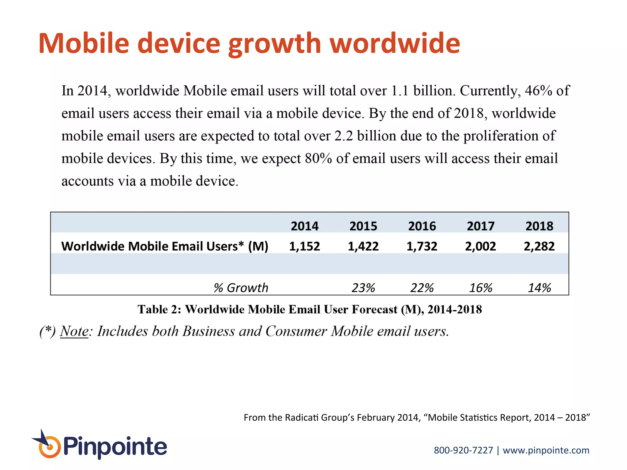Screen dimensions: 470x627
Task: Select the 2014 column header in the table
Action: pos(304,226)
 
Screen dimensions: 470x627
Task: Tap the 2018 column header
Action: pos(539,226)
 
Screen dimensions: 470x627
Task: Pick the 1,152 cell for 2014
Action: pos(304,246)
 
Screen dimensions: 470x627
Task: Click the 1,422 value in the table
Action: pos(363,246)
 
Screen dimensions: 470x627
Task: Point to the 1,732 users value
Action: pos(422,246)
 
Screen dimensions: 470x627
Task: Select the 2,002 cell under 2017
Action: pos(480,246)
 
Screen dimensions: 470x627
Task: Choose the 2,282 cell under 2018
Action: pos(539,246)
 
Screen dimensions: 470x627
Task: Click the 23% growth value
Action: pos(363,288)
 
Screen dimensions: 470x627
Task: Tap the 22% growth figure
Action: pos(422,288)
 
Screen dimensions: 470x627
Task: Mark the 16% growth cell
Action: pos(480,288)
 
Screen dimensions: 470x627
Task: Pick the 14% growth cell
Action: pos(539,288)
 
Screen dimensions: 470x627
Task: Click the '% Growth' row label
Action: pos(241,288)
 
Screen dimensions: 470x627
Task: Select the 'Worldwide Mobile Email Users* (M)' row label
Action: pos(165,246)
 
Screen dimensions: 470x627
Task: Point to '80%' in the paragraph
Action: pos(318,159)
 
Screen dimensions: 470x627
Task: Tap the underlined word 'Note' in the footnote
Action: pos(74,331)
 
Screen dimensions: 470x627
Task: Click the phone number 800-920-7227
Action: pos(463,450)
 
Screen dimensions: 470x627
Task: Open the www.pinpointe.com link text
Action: pos(546,450)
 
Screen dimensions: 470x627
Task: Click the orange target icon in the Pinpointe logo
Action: pos(49,447)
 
